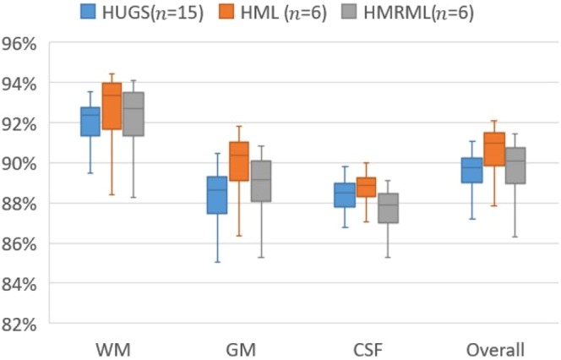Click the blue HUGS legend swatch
(88, 12)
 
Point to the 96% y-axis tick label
(27, 43)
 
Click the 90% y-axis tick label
(27, 163)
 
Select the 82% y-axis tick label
(27, 324)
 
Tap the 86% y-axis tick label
(27, 243)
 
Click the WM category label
(112, 349)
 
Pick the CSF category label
(366, 349)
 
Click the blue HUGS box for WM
(90, 122)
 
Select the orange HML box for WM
(112, 106)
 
